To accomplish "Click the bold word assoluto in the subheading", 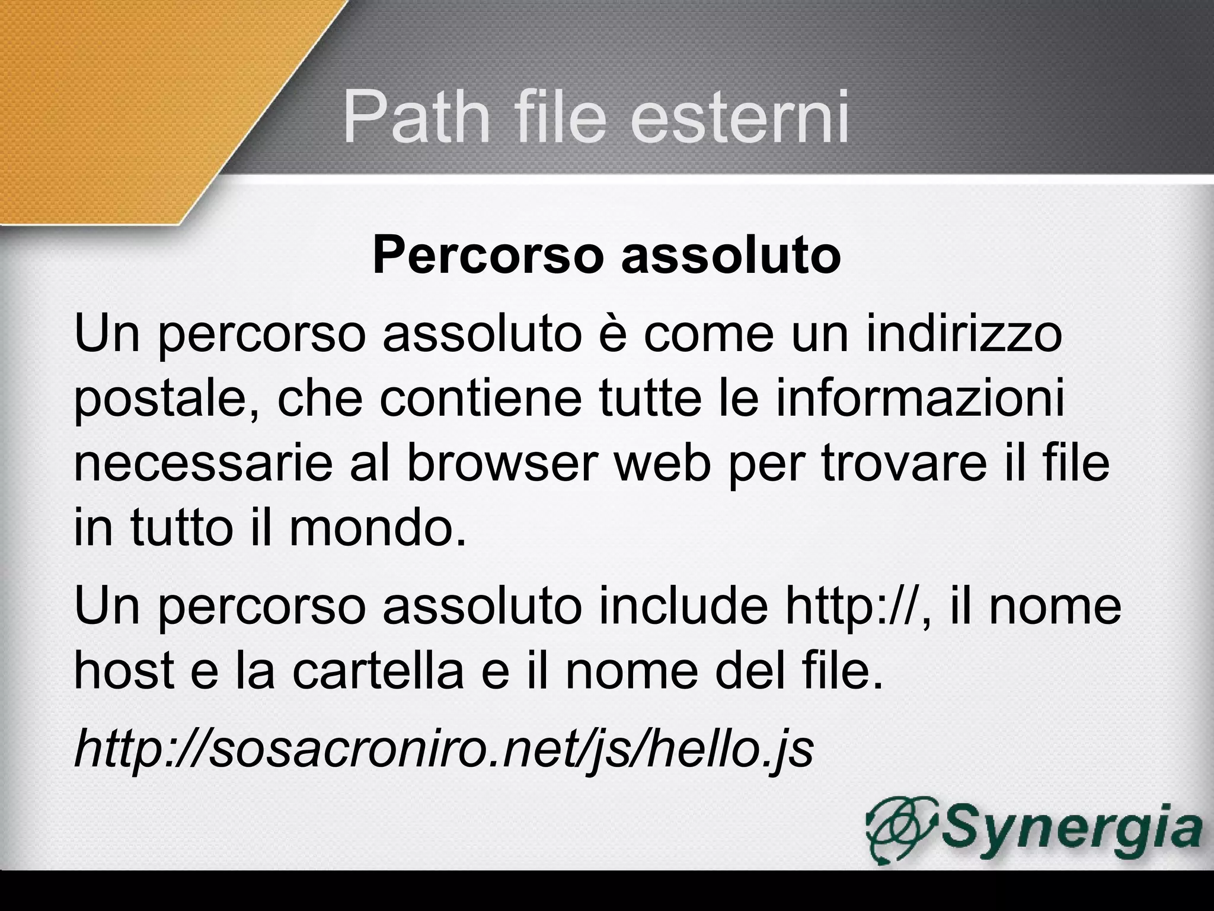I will (x=730, y=256).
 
